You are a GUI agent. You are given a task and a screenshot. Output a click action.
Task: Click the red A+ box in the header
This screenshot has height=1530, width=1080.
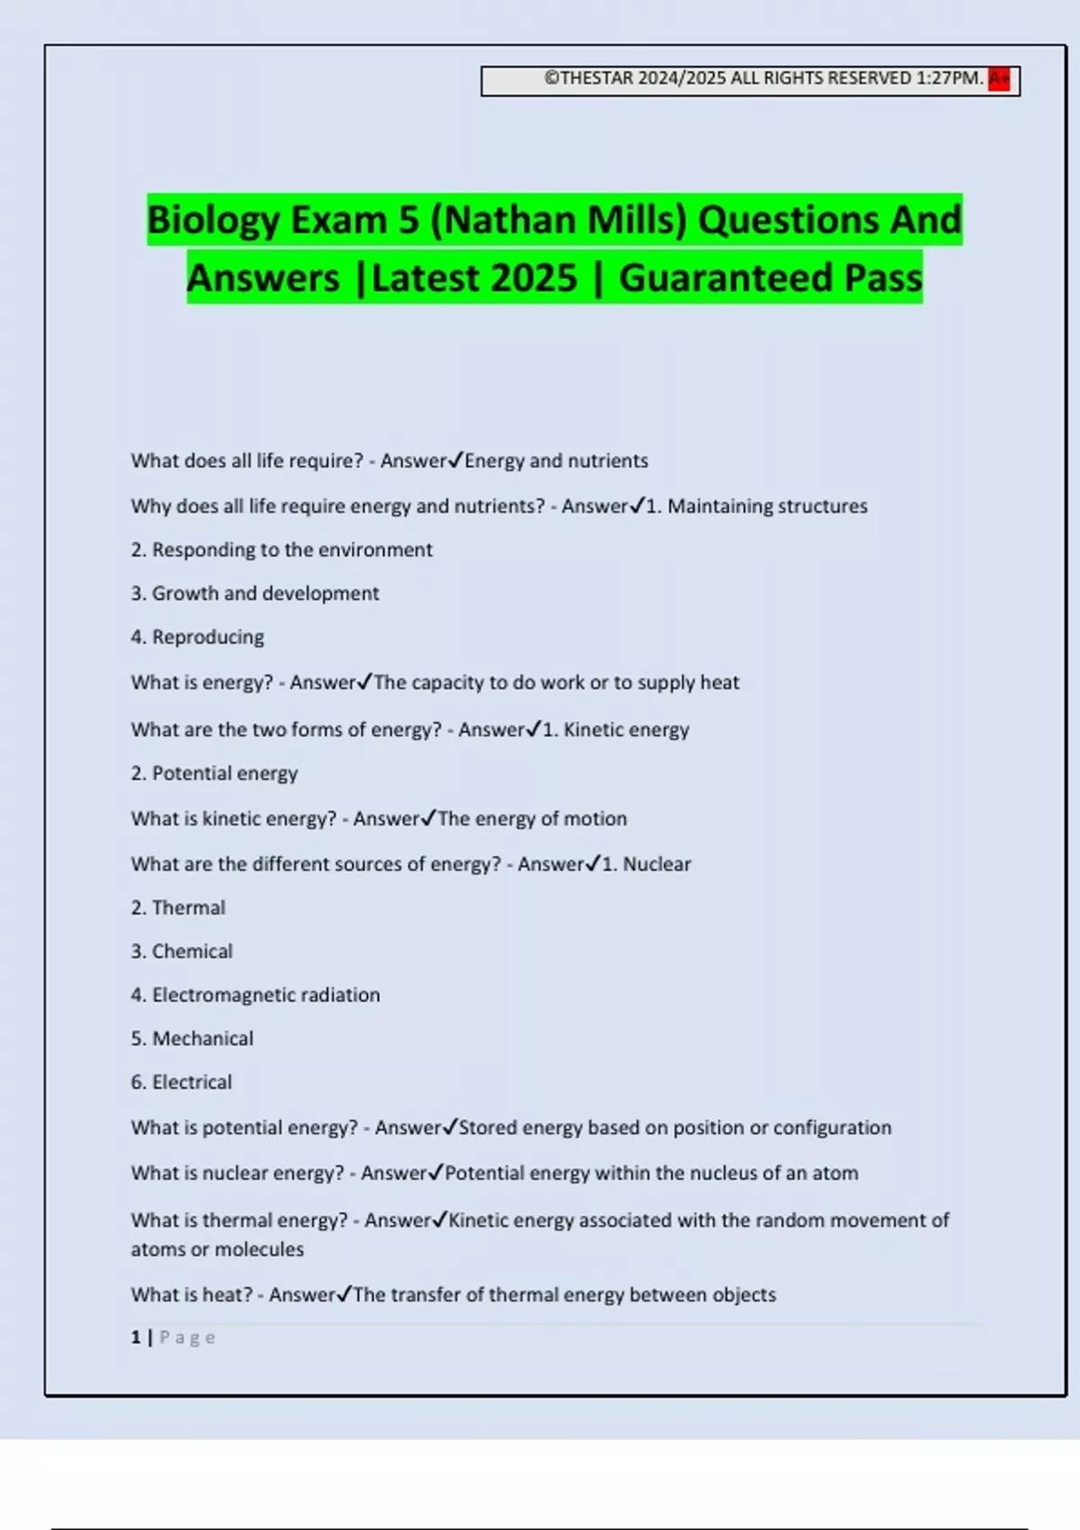click(x=999, y=79)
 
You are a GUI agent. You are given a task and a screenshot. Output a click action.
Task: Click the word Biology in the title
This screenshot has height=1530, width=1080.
click(x=213, y=220)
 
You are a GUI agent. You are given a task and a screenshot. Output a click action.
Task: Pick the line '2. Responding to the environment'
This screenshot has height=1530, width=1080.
click(x=282, y=550)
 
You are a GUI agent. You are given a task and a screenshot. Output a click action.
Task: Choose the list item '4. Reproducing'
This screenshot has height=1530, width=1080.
click(x=197, y=637)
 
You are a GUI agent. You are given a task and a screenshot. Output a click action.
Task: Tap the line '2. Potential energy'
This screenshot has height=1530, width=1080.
click(x=214, y=773)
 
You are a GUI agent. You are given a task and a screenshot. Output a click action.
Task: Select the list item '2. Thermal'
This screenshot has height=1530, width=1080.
click(x=178, y=907)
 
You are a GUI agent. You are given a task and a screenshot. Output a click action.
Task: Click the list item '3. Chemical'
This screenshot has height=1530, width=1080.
click(x=182, y=951)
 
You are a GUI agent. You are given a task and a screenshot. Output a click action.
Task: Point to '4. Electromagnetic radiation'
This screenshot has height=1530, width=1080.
click(x=256, y=994)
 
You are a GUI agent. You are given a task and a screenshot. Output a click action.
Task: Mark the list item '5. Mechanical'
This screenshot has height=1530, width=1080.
click(x=192, y=1039)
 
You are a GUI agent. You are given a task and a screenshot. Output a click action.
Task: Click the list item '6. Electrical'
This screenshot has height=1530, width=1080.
click(x=181, y=1082)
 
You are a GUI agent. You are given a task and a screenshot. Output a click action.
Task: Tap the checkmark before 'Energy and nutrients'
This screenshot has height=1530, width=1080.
click(x=455, y=460)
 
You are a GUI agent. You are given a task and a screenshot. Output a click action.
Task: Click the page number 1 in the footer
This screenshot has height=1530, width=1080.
click(x=136, y=1337)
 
